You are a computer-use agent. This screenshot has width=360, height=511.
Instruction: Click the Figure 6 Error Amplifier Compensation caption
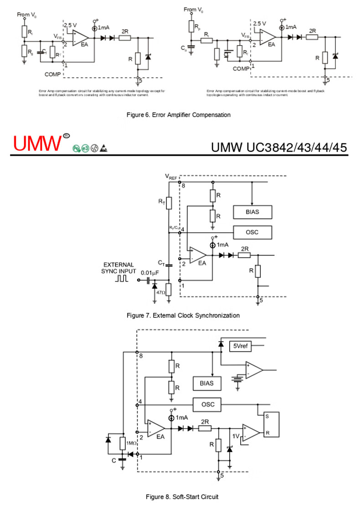tap(179, 115)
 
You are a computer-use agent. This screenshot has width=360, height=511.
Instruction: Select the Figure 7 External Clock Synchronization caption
tap(183, 315)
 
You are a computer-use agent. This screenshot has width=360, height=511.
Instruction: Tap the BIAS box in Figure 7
tap(252, 212)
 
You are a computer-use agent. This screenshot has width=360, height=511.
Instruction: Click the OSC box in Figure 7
tap(252, 232)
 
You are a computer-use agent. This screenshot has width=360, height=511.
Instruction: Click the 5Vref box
tap(240, 345)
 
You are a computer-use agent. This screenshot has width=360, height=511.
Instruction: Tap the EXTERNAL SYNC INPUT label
tap(118, 268)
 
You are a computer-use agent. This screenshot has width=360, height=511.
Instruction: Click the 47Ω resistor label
tap(160, 292)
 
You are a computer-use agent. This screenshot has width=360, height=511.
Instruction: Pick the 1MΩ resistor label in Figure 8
tap(132, 443)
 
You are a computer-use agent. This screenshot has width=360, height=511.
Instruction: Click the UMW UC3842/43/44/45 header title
tap(279, 147)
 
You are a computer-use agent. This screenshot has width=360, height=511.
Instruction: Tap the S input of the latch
tap(267, 416)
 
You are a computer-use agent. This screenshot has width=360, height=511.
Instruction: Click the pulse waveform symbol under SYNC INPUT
tap(122, 278)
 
